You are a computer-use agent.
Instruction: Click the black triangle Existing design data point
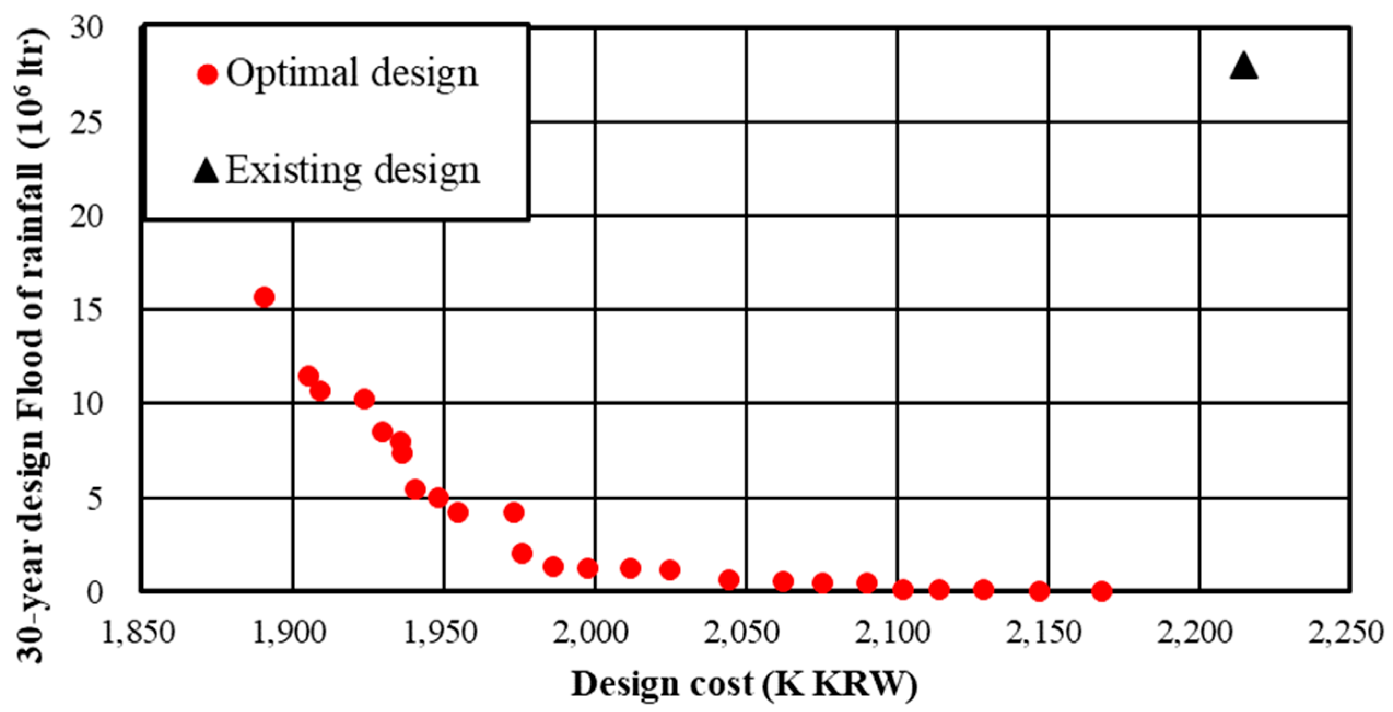[1244, 67]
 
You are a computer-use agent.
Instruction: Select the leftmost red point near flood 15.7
[264, 297]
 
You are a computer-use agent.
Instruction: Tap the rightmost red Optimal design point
[1102, 591]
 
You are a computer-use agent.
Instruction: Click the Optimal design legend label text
[352, 73]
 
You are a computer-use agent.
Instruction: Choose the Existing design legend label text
[353, 170]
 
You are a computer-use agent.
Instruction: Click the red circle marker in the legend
[208, 74]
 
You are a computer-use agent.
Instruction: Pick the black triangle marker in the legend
[206, 171]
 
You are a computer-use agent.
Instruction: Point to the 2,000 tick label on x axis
[590, 633]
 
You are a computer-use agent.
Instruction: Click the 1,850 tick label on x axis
[138, 633]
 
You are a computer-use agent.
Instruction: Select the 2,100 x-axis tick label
[892, 633]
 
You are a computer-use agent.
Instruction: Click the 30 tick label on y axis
[86, 27]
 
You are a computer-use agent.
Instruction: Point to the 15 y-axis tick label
[86, 310]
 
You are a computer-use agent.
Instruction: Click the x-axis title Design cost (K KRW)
[744, 684]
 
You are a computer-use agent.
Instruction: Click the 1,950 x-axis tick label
[440, 633]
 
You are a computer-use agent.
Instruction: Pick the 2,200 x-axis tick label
[1195, 633]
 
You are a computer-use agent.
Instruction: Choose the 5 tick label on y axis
[95, 499]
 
